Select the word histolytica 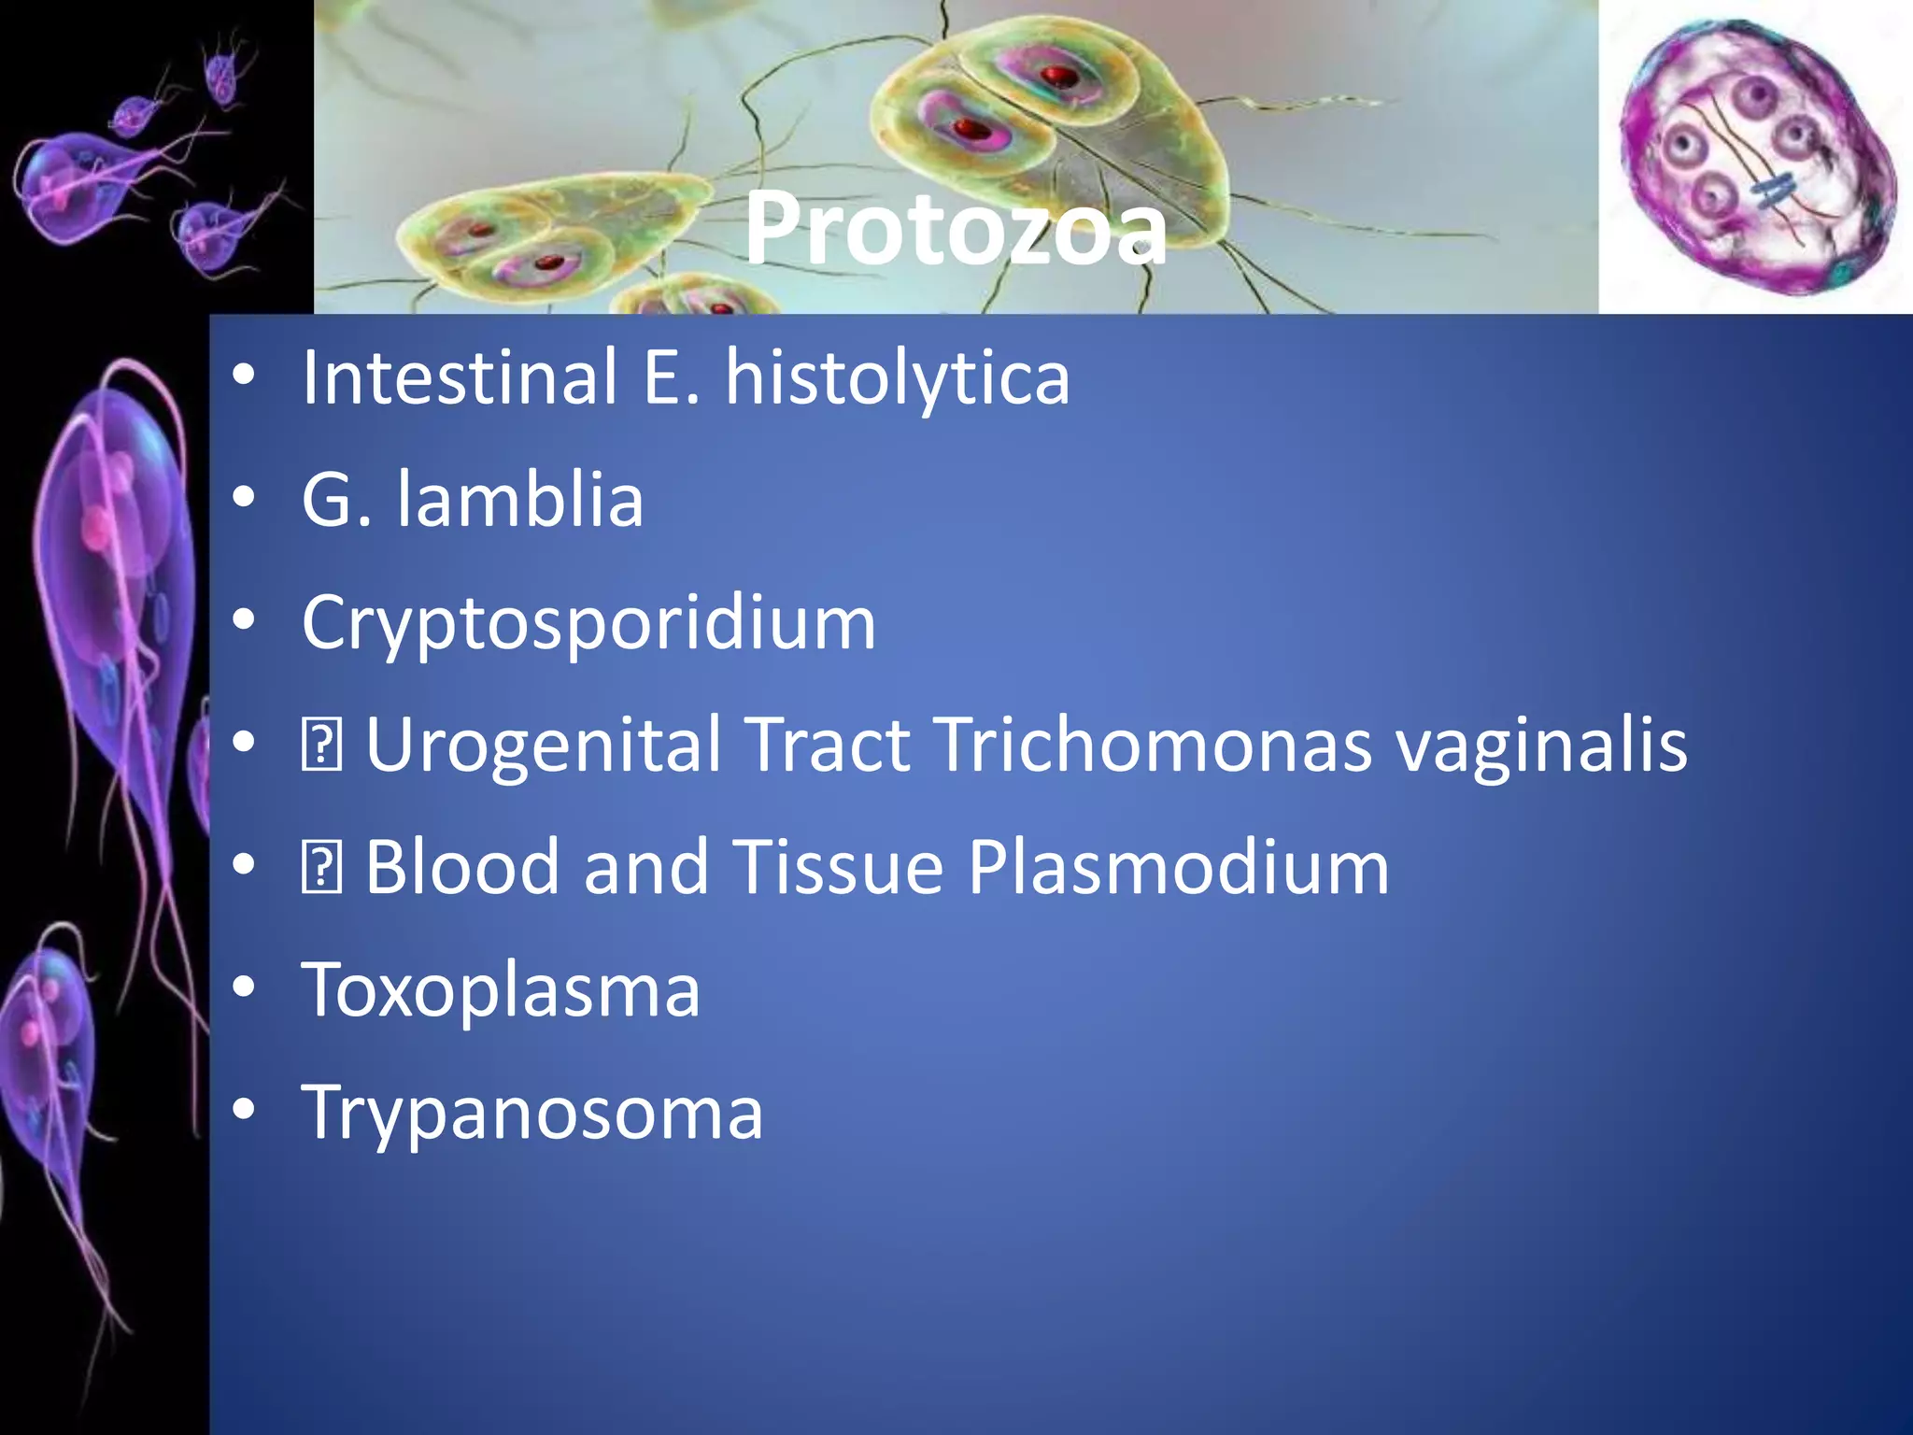coord(897,377)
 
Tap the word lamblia coord(519,500)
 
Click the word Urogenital coord(542,746)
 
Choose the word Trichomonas coord(1155,746)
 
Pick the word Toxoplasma coord(501,990)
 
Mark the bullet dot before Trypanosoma coord(244,1110)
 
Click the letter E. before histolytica coord(669,377)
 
